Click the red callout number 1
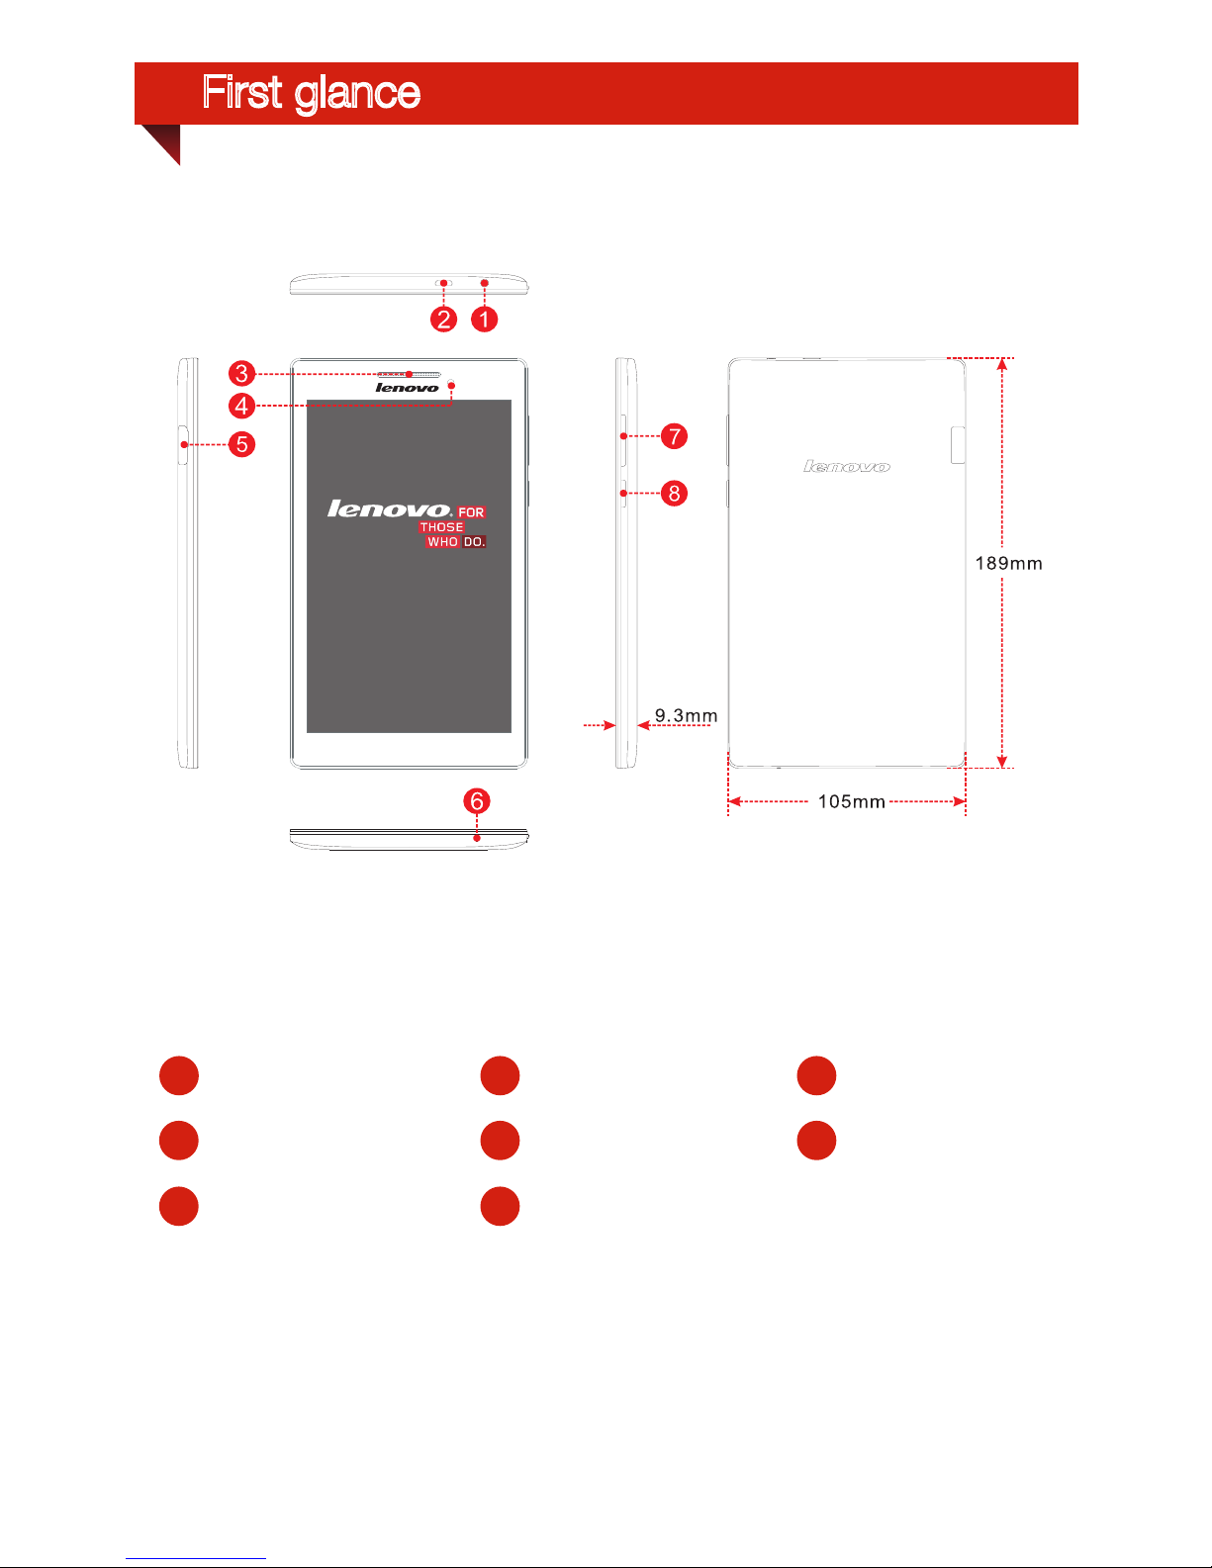(484, 320)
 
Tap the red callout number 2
(443, 320)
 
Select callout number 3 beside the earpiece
(241, 374)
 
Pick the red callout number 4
(241, 406)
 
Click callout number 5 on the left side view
(241, 444)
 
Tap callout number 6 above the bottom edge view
(477, 801)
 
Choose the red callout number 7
(674, 436)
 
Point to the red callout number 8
(674, 493)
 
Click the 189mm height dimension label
(1008, 564)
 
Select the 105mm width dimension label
(851, 802)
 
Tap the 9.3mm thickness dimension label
(686, 716)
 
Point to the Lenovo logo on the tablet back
(847, 467)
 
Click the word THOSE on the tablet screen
(441, 527)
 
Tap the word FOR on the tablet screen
(471, 512)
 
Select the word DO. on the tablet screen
(474, 542)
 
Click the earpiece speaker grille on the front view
(409, 375)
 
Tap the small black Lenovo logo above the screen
(407, 388)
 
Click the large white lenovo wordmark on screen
(389, 509)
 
